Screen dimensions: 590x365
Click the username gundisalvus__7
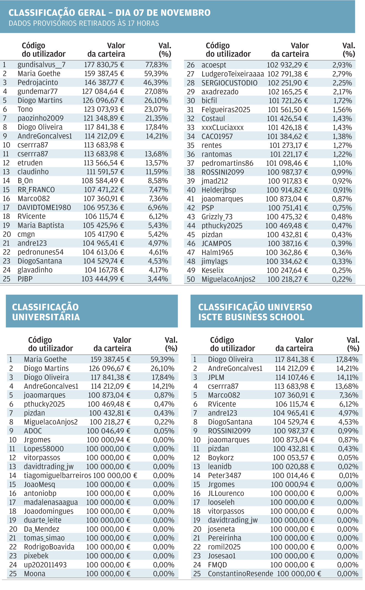(x=42, y=65)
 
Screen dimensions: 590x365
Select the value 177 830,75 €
(x=104, y=65)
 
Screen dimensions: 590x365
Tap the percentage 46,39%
(x=156, y=82)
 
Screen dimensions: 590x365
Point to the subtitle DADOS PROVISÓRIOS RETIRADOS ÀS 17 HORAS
(x=84, y=23)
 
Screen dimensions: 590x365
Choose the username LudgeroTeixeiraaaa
(x=233, y=74)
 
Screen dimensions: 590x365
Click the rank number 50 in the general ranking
(x=191, y=279)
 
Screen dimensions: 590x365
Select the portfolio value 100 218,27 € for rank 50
(x=287, y=279)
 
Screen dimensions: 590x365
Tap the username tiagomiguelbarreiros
(x=57, y=475)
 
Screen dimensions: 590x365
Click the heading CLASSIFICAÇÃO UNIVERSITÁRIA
(x=46, y=312)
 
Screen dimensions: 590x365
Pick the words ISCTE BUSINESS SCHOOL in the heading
(x=251, y=317)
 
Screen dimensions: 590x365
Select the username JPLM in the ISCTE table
(x=216, y=377)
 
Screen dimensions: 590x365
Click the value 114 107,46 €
(x=295, y=377)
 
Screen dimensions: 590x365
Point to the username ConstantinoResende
(x=240, y=574)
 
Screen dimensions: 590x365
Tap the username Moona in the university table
(x=35, y=574)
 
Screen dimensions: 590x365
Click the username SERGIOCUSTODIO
(x=229, y=83)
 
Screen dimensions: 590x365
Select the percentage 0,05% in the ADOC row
(x=164, y=431)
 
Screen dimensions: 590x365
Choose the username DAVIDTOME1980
(x=44, y=208)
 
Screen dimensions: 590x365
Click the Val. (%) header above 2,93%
(x=349, y=50)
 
